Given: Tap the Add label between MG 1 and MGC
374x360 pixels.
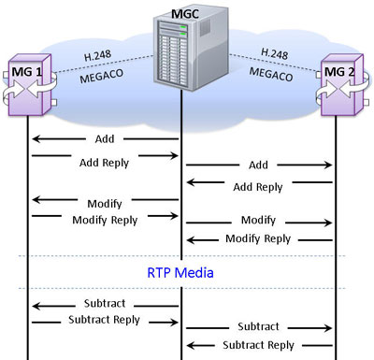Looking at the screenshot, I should (105, 139).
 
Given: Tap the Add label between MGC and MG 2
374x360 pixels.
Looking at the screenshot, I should (258, 166).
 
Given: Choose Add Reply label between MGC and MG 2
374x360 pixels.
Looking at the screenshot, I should (258, 187).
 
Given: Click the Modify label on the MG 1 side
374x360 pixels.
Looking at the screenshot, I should (105, 202).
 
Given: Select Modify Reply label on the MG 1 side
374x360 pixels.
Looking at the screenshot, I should (105, 220).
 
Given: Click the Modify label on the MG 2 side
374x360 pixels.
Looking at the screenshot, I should (258, 220).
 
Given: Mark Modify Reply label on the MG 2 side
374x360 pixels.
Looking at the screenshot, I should (258, 238).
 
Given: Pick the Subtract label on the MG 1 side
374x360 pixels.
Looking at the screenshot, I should (105, 304).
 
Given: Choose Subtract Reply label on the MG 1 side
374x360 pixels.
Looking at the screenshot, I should (105, 320).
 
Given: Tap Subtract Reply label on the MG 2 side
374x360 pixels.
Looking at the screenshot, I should (258, 346).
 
